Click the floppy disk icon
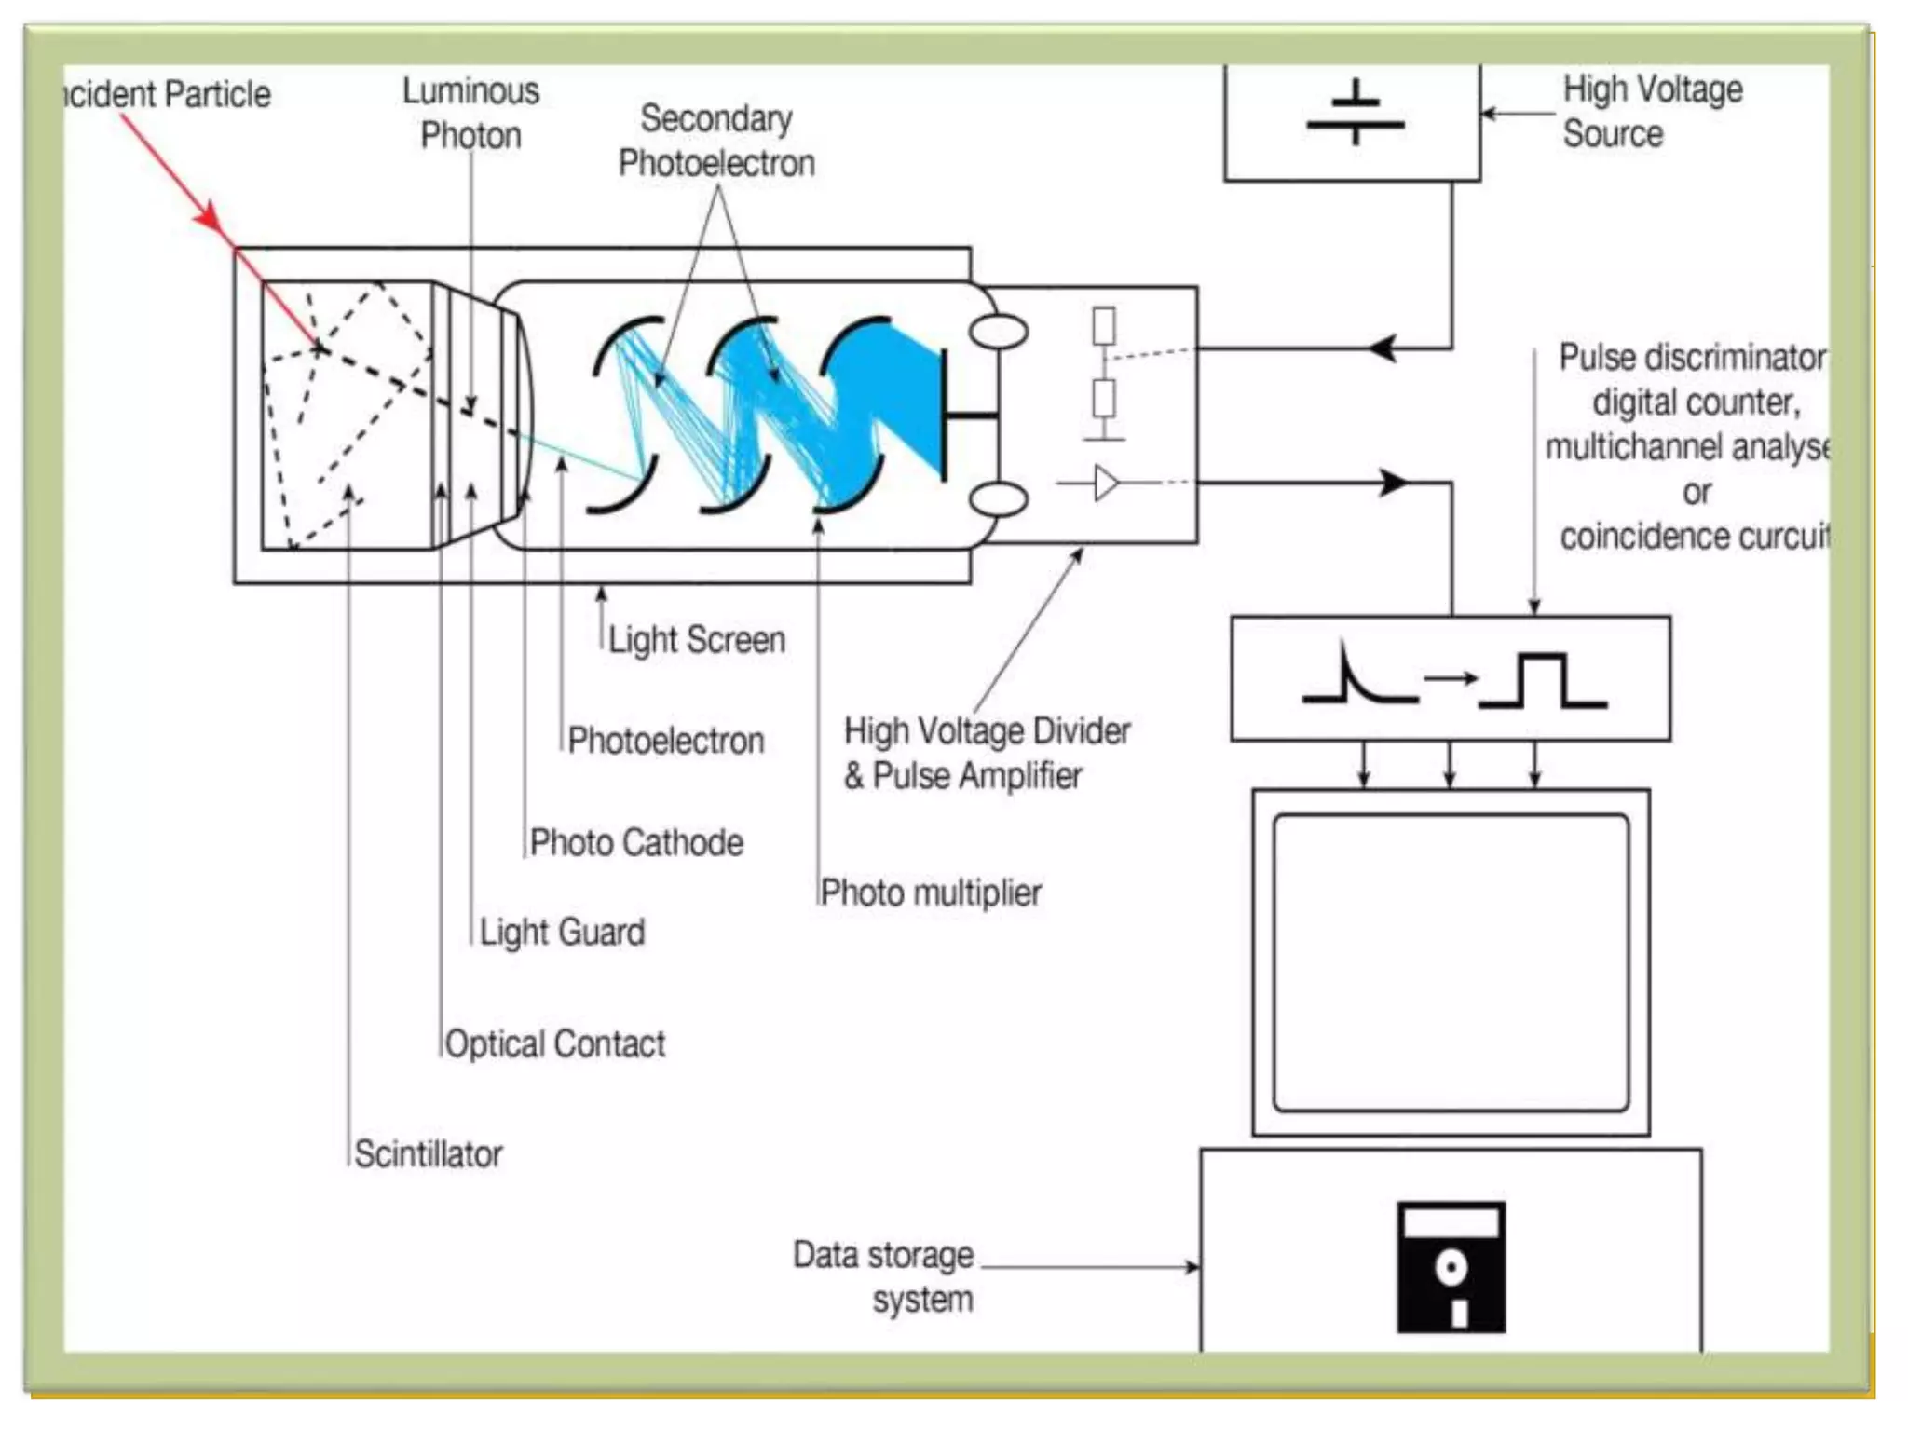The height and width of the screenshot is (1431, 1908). (1451, 1267)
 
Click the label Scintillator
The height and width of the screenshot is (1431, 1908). (428, 1154)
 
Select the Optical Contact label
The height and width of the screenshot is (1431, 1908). (555, 1043)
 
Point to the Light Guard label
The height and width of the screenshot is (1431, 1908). (562, 932)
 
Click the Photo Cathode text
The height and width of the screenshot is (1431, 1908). (636, 842)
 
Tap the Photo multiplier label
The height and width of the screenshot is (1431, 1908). (931, 893)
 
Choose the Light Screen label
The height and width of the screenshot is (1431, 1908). (697, 640)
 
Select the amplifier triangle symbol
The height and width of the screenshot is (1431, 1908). (1106, 484)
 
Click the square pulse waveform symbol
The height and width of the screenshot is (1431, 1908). (1542, 681)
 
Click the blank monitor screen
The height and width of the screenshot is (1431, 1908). (1451, 962)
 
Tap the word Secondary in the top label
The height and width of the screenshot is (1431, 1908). (715, 118)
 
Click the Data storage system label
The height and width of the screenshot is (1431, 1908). (883, 1276)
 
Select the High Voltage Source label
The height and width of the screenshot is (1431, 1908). (1651, 112)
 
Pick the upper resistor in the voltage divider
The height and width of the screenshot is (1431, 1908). (1104, 326)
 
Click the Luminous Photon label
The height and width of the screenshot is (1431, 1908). (470, 113)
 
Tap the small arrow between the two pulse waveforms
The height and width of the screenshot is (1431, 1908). (1450, 677)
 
